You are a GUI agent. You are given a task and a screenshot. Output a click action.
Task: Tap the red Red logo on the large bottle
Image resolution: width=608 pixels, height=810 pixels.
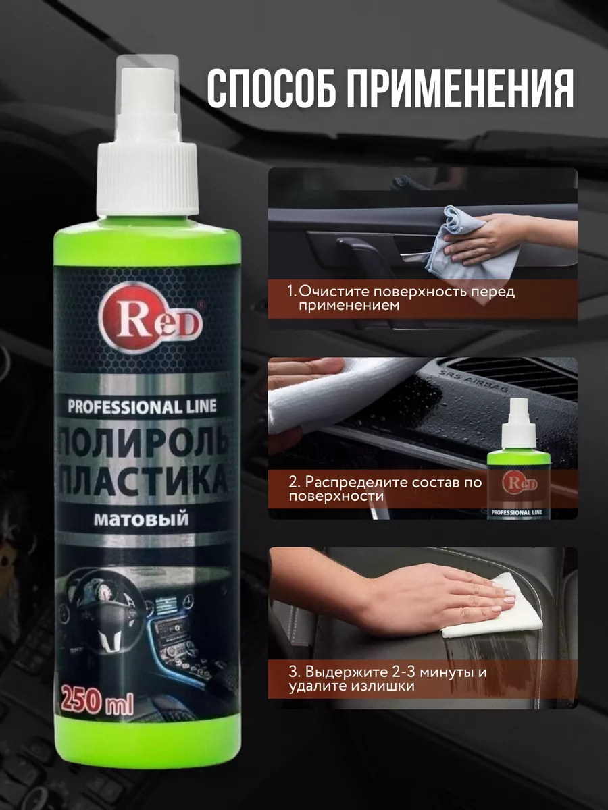pyautogui.click(x=150, y=317)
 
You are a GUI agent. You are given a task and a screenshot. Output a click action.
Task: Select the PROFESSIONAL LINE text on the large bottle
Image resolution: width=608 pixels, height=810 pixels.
pyautogui.click(x=142, y=406)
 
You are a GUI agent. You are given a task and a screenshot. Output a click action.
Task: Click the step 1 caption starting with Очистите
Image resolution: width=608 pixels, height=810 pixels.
pyautogui.click(x=402, y=299)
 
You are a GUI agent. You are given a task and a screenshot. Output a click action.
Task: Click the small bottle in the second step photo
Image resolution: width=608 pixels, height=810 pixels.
pyautogui.click(x=519, y=459)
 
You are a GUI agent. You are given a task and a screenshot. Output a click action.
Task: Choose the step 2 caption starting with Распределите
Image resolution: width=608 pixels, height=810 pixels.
pyautogui.click(x=385, y=489)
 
